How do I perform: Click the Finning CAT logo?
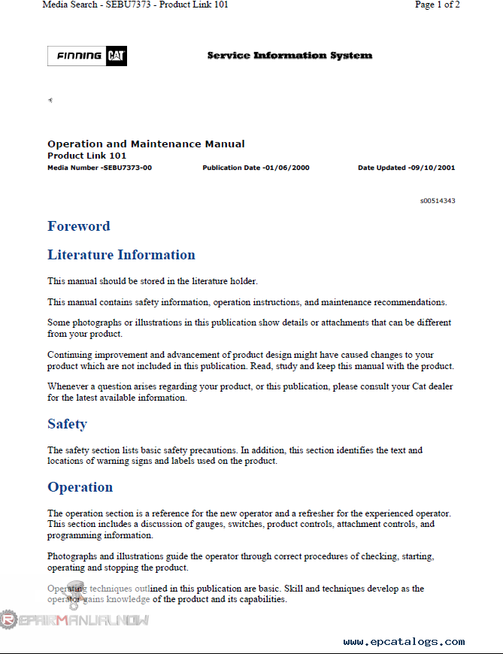pos(87,56)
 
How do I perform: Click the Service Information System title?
pos(289,56)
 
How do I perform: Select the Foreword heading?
pos(79,226)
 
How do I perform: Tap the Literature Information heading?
pos(121,255)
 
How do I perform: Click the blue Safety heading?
pos(67,424)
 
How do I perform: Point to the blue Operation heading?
pos(80,487)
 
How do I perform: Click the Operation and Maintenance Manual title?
pos(146,144)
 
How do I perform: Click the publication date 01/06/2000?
pos(286,168)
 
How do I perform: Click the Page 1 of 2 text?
pos(437,5)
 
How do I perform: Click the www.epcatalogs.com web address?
pos(404,642)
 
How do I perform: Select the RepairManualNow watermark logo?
pos(75,619)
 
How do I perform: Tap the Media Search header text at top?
pos(135,5)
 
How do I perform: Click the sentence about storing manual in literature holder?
pos(153,281)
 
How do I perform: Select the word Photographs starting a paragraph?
pos(74,556)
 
